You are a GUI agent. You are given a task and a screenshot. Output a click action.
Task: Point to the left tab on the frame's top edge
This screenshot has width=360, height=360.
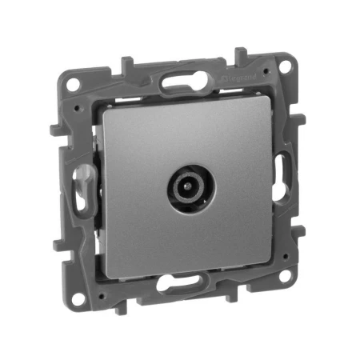[126, 65]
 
